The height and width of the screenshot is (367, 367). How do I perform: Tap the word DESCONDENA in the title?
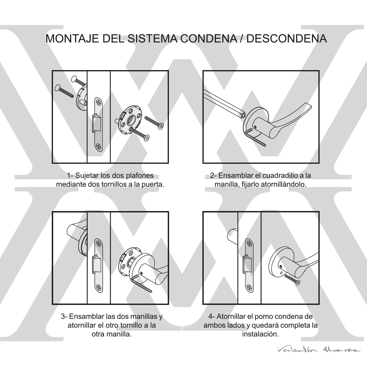287,39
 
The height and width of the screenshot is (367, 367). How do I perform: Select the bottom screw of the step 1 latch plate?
98,146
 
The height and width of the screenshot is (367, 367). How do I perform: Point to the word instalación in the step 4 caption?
260,334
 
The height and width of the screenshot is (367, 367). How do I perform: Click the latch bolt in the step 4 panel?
247,264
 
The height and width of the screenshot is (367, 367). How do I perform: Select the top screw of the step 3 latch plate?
98,243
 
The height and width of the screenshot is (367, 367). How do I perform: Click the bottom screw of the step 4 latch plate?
249,288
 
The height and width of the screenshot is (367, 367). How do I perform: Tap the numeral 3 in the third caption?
63,316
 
